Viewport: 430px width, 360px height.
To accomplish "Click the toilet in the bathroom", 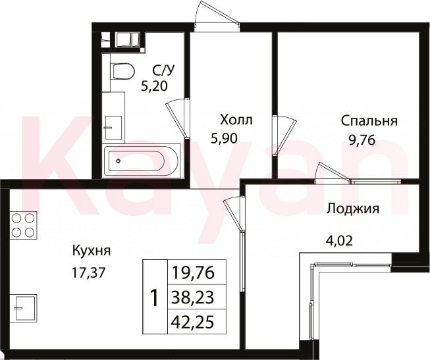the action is coord(122,71).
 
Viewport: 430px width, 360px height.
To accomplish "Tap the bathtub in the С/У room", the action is coord(142,161).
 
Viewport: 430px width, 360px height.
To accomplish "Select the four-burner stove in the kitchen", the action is coord(23,225).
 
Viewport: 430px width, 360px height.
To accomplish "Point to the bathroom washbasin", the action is coord(113,128).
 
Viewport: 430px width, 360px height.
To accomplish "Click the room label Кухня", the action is coord(92,251).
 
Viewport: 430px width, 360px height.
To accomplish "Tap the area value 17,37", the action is coord(89,273).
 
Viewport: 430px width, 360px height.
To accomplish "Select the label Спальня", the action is coord(369,121).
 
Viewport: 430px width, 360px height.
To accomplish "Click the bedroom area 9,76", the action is coord(362,141).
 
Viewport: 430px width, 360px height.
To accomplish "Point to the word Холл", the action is coord(236,120).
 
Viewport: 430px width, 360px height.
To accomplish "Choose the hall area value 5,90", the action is coord(224,139).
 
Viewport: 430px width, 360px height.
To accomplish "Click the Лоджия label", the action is coord(353,209).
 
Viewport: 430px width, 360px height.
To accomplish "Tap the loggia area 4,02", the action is coord(338,242).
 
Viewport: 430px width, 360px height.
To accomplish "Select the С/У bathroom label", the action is coord(163,70).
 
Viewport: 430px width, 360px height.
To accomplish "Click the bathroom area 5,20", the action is coord(154,87).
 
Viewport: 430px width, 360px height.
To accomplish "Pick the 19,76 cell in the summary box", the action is coord(192,273).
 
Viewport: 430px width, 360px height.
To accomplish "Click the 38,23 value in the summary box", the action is coord(192,297).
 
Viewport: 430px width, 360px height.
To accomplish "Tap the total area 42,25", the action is coord(192,322).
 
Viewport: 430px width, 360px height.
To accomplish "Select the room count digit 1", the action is coord(155,299).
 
